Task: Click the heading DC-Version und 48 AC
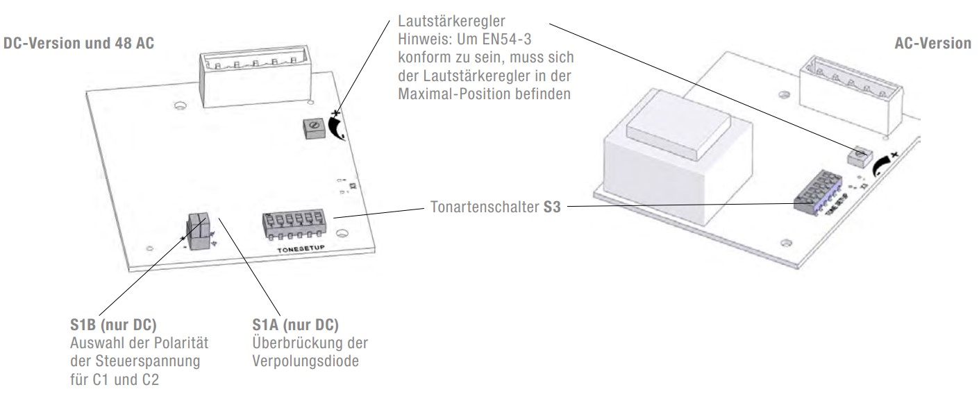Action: (78, 43)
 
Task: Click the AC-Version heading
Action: (932, 43)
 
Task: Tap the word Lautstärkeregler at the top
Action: (451, 21)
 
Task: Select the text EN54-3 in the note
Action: (507, 40)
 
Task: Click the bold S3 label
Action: (551, 207)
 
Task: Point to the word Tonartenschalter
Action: (484, 207)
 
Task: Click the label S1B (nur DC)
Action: (113, 325)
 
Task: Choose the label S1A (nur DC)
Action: (296, 325)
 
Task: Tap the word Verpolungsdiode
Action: (306, 361)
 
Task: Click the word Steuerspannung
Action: (148, 361)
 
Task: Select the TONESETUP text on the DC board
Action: (301, 248)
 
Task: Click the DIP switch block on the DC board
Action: (294, 225)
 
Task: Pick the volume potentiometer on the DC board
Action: (315, 128)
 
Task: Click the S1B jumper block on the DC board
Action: (199, 232)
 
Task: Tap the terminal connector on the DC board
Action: (256, 76)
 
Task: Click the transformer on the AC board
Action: (678, 157)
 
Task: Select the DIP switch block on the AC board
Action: (818, 192)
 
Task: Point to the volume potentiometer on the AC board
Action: (860, 156)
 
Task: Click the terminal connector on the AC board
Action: (851, 95)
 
